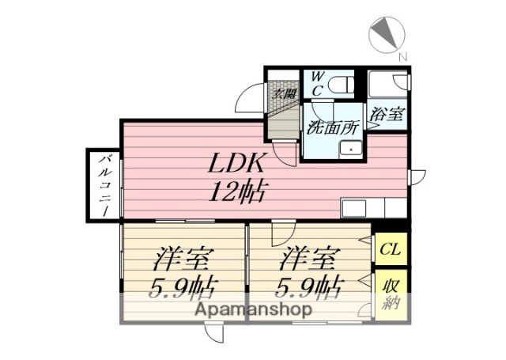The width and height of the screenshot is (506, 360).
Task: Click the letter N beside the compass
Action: (x=402, y=56)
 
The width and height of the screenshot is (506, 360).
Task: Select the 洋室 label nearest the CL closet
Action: (x=310, y=259)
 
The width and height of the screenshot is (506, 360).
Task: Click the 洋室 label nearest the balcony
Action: (x=184, y=259)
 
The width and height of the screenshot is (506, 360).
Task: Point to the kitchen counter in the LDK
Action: (x=372, y=209)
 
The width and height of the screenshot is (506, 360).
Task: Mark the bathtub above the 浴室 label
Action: (x=387, y=85)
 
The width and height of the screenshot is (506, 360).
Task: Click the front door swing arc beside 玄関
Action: (x=251, y=103)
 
